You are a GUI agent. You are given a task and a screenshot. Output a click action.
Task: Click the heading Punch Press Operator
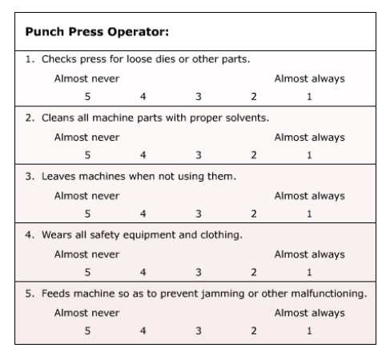click(x=97, y=32)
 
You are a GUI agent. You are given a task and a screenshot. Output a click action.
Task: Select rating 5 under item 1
click(x=87, y=97)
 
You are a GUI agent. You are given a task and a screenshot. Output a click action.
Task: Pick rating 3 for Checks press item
click(x=199, y=97)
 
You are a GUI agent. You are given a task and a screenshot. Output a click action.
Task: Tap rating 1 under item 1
click(x=309, y=97)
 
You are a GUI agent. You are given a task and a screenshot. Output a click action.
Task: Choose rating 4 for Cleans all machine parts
click(x=143, y=155)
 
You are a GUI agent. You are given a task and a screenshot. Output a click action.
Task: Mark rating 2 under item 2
click(x=254, y=155)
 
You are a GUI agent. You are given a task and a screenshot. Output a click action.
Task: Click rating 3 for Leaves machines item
click(x=199, y=214)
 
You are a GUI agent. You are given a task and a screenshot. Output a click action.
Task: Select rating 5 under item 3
click(x=87, y=214)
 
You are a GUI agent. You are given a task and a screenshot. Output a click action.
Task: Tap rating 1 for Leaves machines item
click(x=309, y=214)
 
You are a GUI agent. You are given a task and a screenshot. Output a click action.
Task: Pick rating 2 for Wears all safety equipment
click(x=254, y=272)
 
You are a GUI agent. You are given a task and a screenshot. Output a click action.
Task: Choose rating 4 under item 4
click(x=143, y=272)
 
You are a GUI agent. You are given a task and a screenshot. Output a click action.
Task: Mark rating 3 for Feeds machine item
click(x=199, y=331)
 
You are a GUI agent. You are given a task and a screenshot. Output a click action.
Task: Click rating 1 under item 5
click(x=309, y=331)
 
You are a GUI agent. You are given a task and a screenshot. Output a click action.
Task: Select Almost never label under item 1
click(x=86, y=78)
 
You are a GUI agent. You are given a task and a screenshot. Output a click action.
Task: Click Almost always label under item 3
click(x=310, y=196)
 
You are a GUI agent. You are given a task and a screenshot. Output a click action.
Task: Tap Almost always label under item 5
click(x=310, y=313)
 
